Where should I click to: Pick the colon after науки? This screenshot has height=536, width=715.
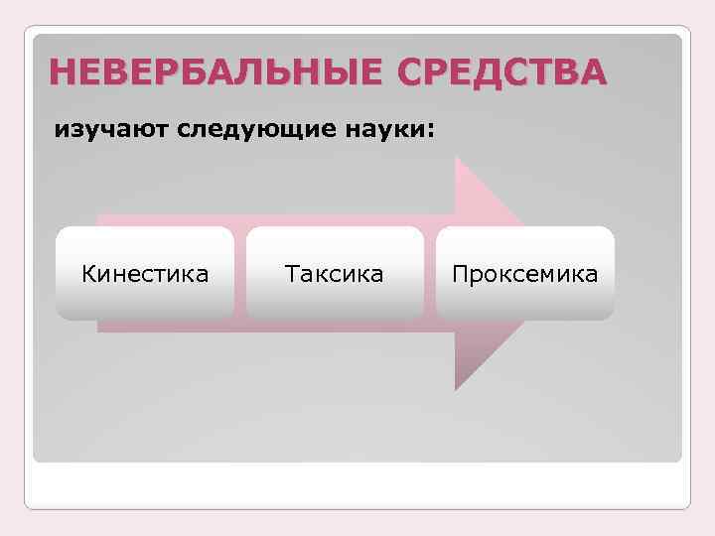point(430,132)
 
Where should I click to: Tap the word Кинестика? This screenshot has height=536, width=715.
point(145,273)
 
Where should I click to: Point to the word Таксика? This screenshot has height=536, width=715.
point(334,273)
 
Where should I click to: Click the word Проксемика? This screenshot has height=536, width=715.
point(524,273)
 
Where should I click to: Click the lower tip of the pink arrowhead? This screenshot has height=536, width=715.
point(458,388)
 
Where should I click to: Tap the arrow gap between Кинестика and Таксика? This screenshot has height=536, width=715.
point(240,273)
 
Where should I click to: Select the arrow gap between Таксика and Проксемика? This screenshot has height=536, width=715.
point(429,273)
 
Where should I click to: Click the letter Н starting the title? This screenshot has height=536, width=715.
point(62,72)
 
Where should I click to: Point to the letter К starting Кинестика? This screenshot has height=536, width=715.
point(88,273)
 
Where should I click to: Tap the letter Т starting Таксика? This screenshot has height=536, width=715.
point(291,273)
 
